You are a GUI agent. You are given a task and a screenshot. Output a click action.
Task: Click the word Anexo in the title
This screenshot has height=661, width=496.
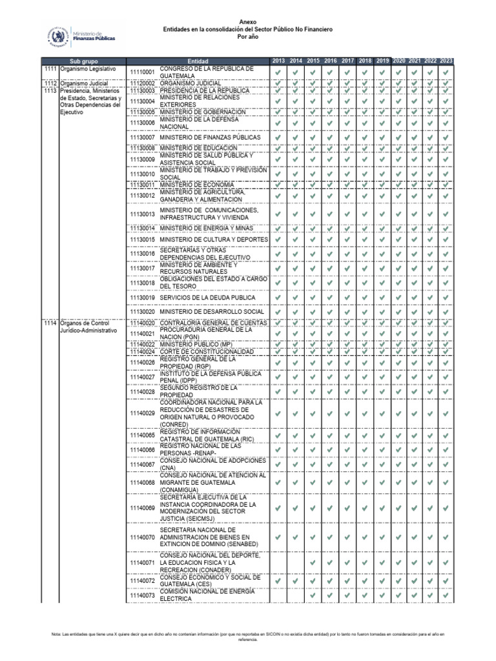point(247,21)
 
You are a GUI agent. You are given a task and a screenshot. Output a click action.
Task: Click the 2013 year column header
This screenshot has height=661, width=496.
point(278,61)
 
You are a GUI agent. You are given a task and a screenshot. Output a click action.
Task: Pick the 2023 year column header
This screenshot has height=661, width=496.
point(446,61)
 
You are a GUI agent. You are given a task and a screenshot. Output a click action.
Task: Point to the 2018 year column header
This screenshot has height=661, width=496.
point(365,61)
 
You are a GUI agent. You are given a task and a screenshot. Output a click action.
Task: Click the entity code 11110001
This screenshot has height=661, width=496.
point(142,72)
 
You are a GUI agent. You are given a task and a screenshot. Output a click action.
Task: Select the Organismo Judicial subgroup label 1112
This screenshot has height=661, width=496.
point(50,84)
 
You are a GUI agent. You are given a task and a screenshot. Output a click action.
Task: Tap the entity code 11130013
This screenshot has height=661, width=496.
point(142,214)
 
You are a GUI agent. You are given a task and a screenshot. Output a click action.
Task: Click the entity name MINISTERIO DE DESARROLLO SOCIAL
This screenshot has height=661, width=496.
point(212,312)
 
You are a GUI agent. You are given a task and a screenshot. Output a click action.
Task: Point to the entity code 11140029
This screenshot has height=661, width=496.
point(142,413)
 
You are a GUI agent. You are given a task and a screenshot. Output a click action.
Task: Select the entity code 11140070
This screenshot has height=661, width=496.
point(142,537)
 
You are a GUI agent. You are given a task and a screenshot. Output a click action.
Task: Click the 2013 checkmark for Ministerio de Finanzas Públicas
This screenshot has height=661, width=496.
point(278,137)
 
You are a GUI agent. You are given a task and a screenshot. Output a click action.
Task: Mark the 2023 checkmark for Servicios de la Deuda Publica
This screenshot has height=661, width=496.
point(446,297)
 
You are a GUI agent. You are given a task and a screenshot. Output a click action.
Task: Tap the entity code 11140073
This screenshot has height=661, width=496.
point(142,595)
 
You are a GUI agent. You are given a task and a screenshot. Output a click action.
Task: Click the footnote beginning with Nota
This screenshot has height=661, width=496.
point(247,637)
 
